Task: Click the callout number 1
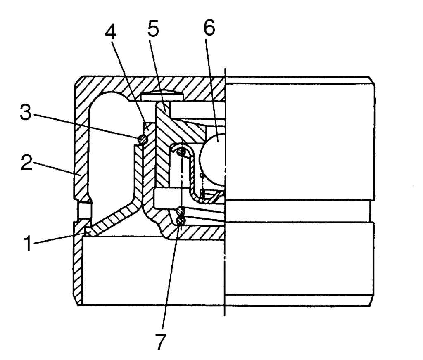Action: [x=28, y=243]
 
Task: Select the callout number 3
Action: [x=26, y=112]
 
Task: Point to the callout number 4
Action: [x=111, y=32]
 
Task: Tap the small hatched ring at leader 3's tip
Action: [x=143, y=140]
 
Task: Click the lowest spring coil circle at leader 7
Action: [x=181, y=221]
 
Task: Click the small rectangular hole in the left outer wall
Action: [x=85, y=210]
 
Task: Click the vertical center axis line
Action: [x=225, y=192]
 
